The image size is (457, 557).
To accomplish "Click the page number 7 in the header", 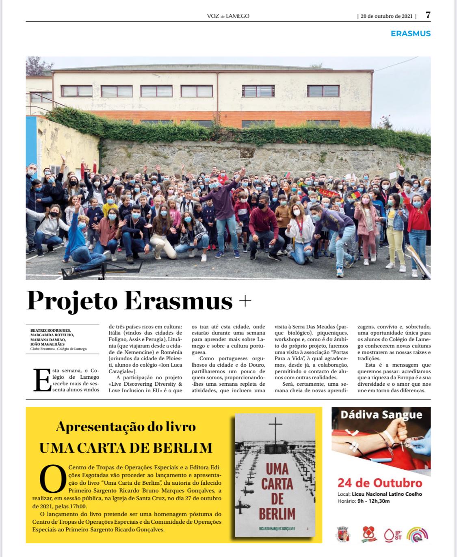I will click(x=428, y=15).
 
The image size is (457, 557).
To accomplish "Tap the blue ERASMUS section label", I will click(x=410, y=34).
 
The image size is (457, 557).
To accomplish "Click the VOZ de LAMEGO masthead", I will click(x=228, y=16).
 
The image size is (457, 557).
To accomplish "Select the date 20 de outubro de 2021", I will click(x=386, y=16).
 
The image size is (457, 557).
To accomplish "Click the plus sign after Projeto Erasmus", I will click(x=245, y=301).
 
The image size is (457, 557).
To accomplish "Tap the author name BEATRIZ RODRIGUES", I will click(x=50, y=330).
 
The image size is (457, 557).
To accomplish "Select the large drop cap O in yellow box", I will click(x=52, y=479).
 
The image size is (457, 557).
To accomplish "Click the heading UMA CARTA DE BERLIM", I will click(x=126, y=447).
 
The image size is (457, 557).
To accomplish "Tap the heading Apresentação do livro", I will click(x=126, y=427).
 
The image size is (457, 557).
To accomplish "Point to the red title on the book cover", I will click(x=277, y=491).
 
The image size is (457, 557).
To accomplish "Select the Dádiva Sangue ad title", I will click(x=381, y=415).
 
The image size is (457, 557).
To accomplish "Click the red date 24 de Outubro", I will click(x=380, y=483).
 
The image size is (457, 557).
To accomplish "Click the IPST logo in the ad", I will click(x=392, y=534).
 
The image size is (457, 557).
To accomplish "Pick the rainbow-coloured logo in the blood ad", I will click(x=417, y=534).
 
